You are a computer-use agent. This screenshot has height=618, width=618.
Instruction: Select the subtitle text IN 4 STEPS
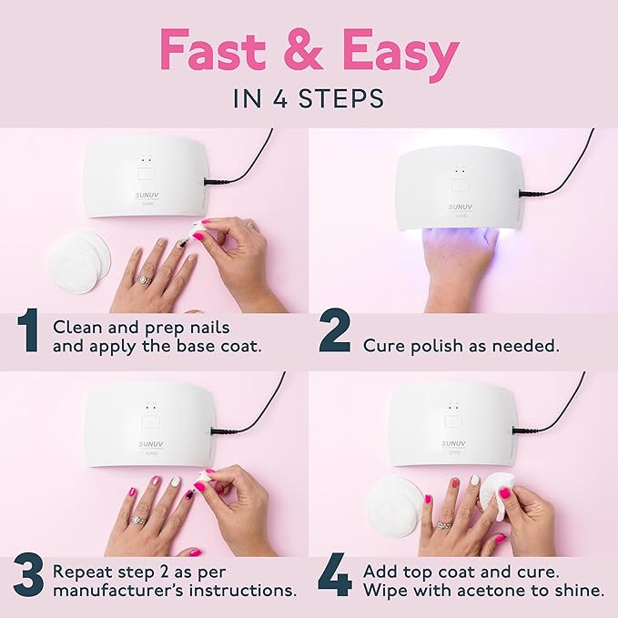click(x=309, y=98)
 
